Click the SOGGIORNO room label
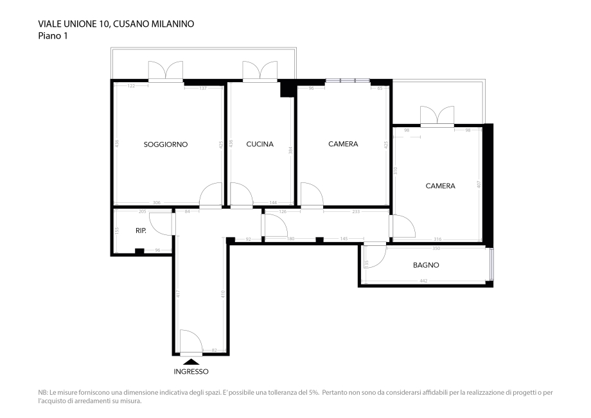pos(165,144)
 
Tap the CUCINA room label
pos(260,144)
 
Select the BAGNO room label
pos(425,265)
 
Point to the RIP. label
pos(141,231)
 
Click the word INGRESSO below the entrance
pos(191,372)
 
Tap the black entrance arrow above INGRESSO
pos(191,361)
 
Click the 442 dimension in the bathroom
pos(424,281)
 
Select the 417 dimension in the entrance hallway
pos(178,293)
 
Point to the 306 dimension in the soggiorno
pos(157,202)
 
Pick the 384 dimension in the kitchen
pos(290,150)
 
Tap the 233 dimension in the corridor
pos(355,211)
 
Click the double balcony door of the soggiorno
pos(166,72)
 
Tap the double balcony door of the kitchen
pos(260,72)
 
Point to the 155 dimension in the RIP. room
pos(117,231)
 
